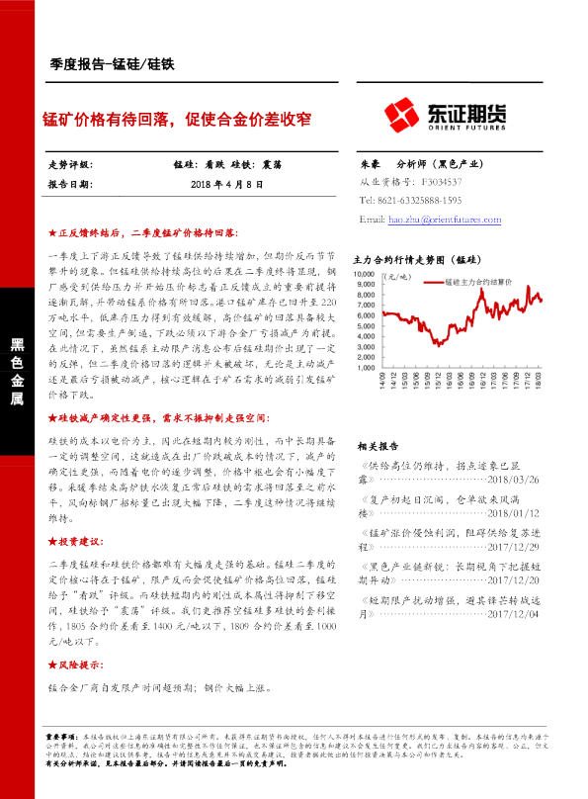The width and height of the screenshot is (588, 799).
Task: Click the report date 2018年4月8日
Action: coord(228,184)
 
